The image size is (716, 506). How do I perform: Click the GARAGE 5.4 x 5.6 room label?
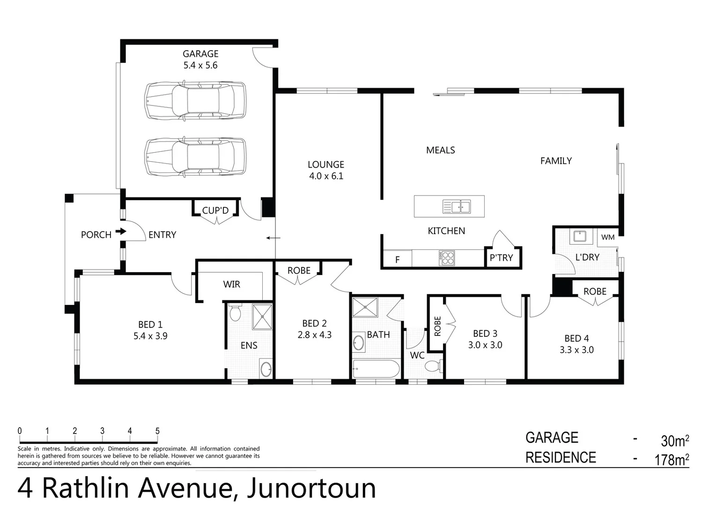pyautogui.click(x=200, y=60)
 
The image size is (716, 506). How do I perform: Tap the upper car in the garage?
pyautogui.click(x=195, y=100)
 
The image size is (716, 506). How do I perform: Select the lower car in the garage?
pyautogui.click(x=195, y=156)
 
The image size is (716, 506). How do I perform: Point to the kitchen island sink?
pyautogui.click(x=457, y=206)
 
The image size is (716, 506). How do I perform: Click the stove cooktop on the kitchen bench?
pyautogui.click(x=447, y=258)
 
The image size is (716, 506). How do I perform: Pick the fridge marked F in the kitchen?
pyautogui.click(x=397, y=259)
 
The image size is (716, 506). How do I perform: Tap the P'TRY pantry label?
pyautogui.click(x=501, y=258)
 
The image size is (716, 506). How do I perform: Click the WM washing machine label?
pyautogui.click(x=608, y=237)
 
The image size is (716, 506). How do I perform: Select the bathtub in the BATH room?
pyautogui.click(x=376, y=369)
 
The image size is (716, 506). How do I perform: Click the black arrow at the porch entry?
pyautogui.click(x=121, y=231)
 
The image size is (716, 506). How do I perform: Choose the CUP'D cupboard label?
pyautogui.click(x=215, y=210)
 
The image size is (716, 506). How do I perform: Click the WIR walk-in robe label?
pyautogui.click(x=232, y=284)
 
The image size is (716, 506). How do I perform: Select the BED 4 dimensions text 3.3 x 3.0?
pyautogui.click(x=576, y=350)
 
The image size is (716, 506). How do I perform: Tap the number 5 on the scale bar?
pyautogui.click(x=157, y=431)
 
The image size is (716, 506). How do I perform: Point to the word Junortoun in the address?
pyautogui.click(x=311, y=488)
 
